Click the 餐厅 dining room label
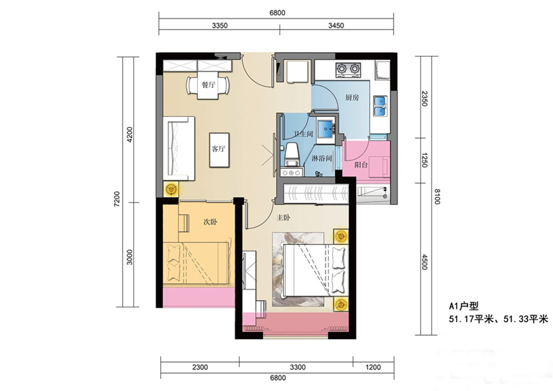208,85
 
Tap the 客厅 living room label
218,148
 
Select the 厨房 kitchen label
352,97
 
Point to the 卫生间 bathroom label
303,134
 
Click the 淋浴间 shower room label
322,158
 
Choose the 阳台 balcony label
361,164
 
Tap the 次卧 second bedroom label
211,222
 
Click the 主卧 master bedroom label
283,218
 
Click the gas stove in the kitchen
348,70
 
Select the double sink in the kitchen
380,106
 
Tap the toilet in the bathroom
292,155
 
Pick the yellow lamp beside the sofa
171,190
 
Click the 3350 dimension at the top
220,25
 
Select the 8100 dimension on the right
437,197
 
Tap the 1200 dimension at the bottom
373,367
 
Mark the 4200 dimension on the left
130,134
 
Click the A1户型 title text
464,306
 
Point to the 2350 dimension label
425,99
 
